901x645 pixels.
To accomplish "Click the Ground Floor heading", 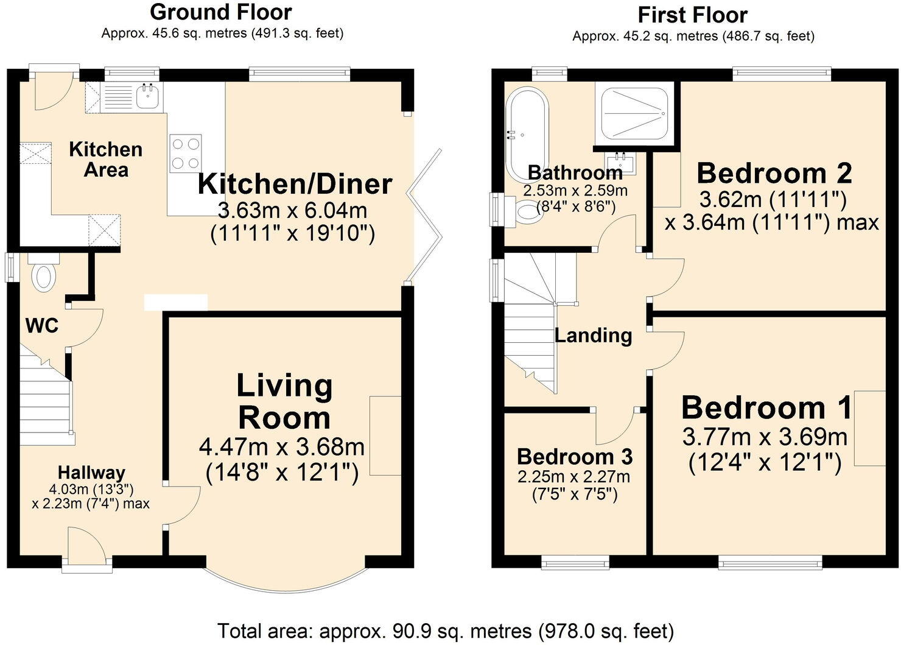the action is click(221, 12).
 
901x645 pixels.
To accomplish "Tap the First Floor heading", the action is click(693, 15).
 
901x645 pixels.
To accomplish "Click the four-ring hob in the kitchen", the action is click(186, 153).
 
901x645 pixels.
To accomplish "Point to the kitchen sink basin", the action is click(148, 96).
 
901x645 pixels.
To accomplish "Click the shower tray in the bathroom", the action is click(635, 113).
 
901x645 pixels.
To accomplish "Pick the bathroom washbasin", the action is click(620, 164).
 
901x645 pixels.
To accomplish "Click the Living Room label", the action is click(284, 401).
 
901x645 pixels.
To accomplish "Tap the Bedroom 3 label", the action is click(575, 457).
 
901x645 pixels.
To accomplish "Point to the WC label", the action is click(42, 325).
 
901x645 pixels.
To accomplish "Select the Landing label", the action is click(594, 335).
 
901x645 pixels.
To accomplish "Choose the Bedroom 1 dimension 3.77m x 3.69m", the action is click(765, 437).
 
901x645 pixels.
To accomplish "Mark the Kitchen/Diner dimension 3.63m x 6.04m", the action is click(292, 210).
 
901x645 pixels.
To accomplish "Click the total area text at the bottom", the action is click(446, 631).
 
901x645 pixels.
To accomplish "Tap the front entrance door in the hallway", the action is click(87, 545).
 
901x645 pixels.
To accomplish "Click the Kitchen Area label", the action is click(106, 160).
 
